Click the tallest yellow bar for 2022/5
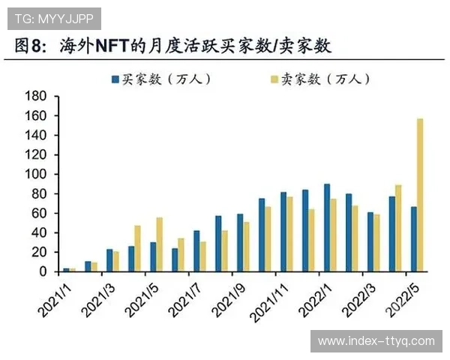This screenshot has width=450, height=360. [420, 195]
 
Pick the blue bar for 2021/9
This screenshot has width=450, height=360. [240, 243]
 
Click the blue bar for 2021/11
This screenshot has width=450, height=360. [283, 232]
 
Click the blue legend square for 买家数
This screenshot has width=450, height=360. [115, 79]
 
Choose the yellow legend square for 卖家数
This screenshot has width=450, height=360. [274, 79]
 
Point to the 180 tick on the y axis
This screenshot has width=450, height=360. [35, 96]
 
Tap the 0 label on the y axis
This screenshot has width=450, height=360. [43, 271]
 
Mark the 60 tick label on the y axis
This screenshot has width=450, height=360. [38, 213]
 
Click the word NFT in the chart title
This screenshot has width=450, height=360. [110, 46]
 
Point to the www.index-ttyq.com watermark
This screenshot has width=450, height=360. [376, 341]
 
